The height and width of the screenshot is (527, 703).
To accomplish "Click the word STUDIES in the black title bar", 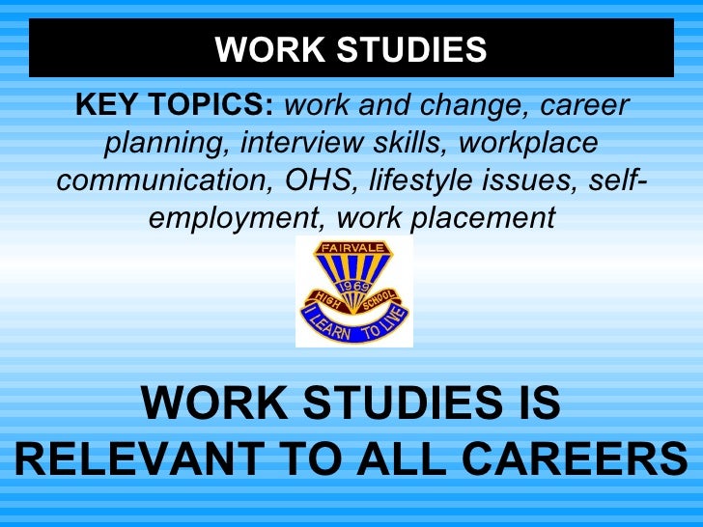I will pyautogui.click(x=418, y=48).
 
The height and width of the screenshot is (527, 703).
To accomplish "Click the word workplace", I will pyautogui.click(x=528, y=144).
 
